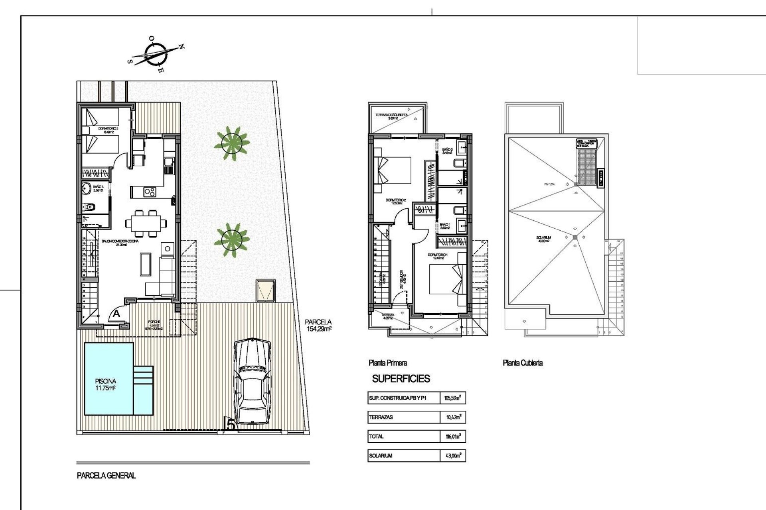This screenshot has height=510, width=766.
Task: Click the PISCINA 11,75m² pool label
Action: coord(105,384)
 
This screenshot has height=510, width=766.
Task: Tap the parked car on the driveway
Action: coord(253,382)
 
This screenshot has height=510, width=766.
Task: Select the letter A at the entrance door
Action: coord(116,314)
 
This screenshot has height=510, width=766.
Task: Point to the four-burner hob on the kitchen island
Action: coord(150,192)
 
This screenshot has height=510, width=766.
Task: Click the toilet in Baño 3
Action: coord(90,207)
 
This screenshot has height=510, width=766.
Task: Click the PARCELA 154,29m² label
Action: coord(318,326)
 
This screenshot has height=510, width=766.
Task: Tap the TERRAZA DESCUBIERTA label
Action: coord(391,116)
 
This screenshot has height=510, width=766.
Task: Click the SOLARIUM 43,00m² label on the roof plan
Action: coord(544,239)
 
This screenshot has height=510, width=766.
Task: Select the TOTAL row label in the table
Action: coord(376,436)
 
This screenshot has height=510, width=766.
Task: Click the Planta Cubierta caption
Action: coord(523,363)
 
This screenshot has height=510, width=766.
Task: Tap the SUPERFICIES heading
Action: coord(401,379)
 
